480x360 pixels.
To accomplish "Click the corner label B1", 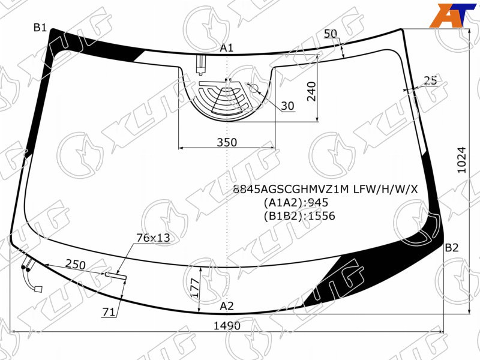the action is (x=40, y=28).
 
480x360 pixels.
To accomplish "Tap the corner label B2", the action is (x=452, y=247).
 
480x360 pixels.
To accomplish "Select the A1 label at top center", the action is (x=227, y=48).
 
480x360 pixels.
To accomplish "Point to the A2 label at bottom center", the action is (x=227, y=306).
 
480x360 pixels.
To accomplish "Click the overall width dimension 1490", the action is (x=227, y=326).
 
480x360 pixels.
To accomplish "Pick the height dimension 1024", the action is (x=461, y=160).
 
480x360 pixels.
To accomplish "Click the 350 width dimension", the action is (x=227, y=142).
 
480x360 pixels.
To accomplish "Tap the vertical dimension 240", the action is (x=311, y=91).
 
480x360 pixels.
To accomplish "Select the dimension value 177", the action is (x=194, y=287).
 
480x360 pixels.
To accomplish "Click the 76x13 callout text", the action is (x=153, y=238).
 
